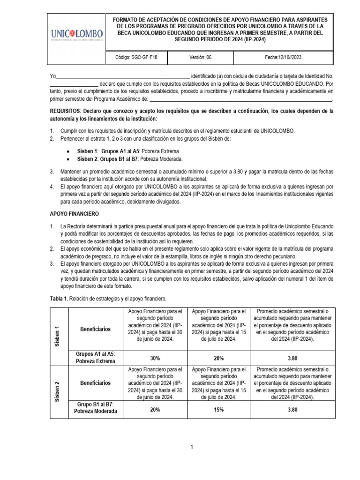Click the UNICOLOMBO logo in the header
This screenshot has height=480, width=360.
(x=77, y=36)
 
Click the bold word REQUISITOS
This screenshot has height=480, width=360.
(x=65, y=111)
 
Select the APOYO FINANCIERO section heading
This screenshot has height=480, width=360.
(x=72, y=213)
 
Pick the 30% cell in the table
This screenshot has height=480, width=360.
(x=155, y=358)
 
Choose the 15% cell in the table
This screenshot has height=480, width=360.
(x=218, y=409)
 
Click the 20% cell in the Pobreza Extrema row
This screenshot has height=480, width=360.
(x=218, y=358)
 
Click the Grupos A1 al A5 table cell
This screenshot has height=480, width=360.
(x=95, y=358)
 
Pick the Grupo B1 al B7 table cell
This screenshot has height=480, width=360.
(x=95, y=409)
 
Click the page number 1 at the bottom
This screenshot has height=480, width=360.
(x=192, y=448)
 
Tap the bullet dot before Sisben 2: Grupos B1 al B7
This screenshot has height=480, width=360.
(x=68, y=159)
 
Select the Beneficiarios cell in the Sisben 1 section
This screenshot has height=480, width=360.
(x=95, y=329)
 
